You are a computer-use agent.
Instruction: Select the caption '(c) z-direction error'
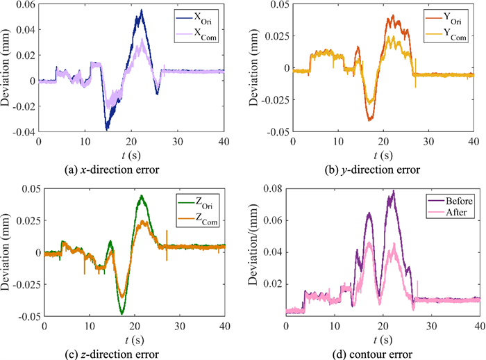[x=124, y=354]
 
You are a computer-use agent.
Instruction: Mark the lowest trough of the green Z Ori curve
[x=121, y=313]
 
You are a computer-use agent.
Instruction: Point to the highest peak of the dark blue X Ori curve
[x=141, y=10]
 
